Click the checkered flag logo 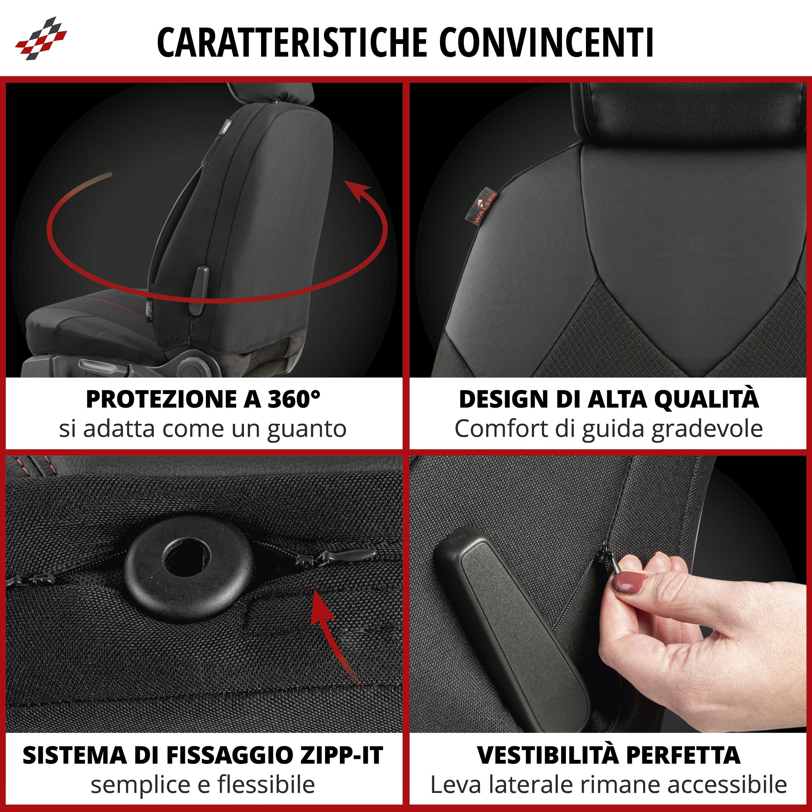[41, 38]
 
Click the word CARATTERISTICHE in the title [292, 42]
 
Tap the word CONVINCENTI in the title [546, 42]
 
